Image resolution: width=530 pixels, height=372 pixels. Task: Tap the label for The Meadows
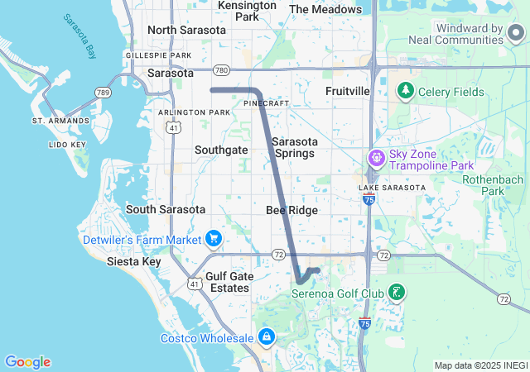(326, 9)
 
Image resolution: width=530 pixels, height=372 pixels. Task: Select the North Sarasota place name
(186, 30)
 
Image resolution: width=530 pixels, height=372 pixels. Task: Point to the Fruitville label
(347, 90)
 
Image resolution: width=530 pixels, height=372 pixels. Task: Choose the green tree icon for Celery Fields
(406, 90)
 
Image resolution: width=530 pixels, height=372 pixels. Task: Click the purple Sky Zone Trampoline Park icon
(377, 156)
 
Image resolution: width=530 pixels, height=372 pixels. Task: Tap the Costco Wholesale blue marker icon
(267, 337)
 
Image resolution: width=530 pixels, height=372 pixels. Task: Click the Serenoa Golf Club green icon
(397, 292)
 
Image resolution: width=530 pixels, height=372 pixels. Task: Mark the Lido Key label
(68, 145)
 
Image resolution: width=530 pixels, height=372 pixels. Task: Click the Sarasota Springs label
(293, 147)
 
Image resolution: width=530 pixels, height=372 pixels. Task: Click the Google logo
(27, 362)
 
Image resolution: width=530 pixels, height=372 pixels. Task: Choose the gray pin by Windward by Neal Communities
(516, 33)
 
